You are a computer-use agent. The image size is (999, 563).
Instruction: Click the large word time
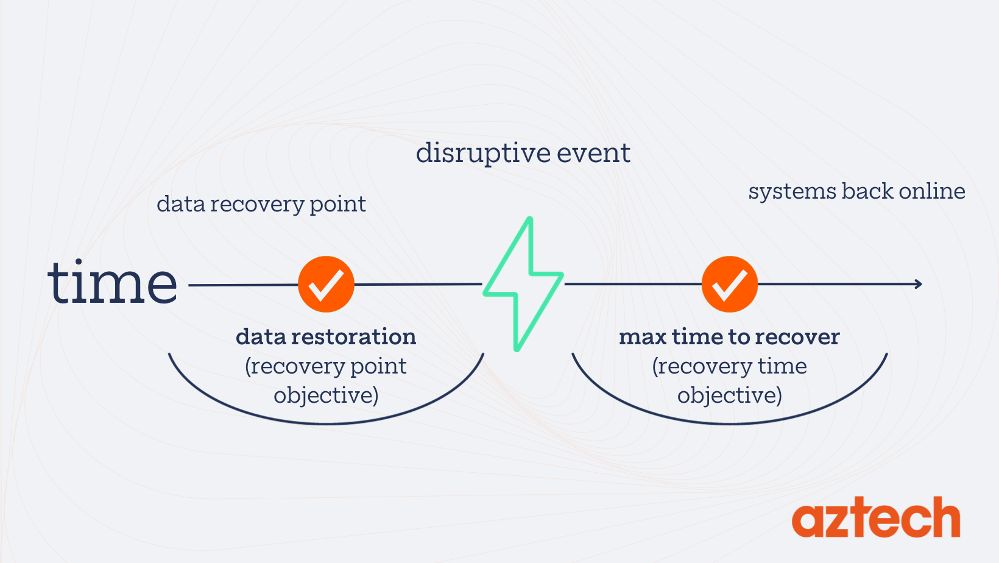point(113,283)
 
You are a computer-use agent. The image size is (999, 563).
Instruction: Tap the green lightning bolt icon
point(523,283)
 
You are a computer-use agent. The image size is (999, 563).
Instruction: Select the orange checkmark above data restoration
point(326,284)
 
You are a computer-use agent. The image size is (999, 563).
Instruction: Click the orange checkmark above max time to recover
point(729,284)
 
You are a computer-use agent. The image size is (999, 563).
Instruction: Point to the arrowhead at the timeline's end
point(918,284)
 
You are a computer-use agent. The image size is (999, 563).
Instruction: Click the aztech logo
point(876,519)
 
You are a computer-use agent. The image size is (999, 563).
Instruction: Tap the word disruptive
point(481,153)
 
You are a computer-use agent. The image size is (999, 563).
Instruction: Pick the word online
point(932,191)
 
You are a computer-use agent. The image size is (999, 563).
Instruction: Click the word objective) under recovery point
point(326,395)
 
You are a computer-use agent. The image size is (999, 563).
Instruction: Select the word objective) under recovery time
point(729,395)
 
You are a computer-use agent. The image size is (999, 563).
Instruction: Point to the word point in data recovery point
point(338,205)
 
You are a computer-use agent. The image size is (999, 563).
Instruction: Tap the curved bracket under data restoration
point(326,422)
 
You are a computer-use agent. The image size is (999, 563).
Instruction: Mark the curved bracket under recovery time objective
point(729,422)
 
